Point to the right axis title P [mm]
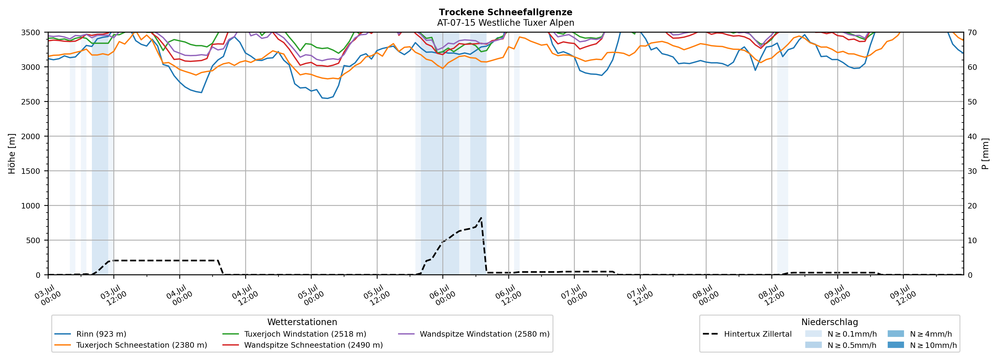(985, 154)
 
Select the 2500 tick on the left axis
(31, 102)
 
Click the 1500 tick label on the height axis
(31, 171)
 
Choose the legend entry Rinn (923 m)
(90, 334)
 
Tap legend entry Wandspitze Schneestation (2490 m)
(302, 345)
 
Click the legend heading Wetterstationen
(302, 322)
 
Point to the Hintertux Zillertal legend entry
(747, 334)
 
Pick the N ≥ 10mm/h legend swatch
(896, 345)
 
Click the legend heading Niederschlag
(829, 322)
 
